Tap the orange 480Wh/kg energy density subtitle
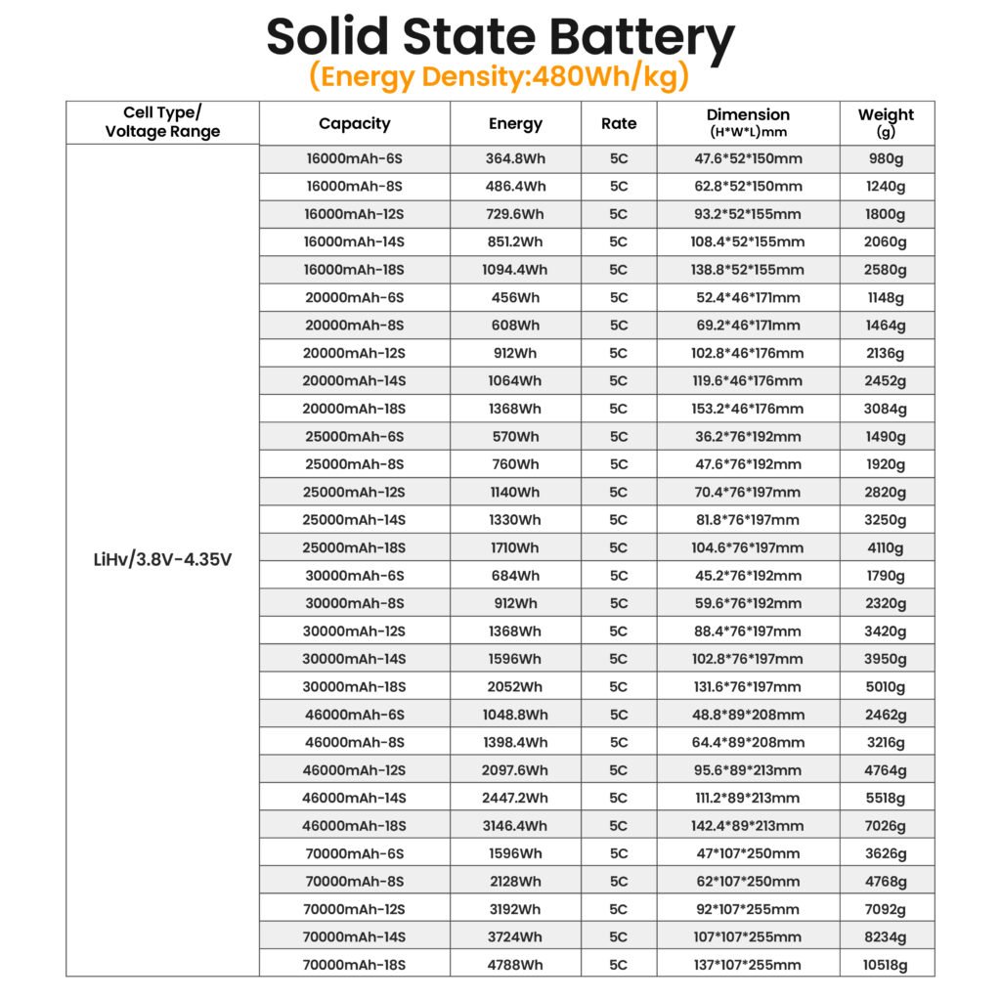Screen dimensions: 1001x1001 [x=500, y=75]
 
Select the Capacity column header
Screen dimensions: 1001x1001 [x=354, y=123]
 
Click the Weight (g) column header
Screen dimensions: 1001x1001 [x=886, y=122]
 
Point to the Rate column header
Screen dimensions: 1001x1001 [x=618, y=123]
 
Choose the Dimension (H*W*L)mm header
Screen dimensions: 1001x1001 [x=748, y=122]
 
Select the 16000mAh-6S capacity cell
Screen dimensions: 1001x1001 [x=354, y=158]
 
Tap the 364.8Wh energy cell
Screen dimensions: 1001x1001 [x=515, y=158]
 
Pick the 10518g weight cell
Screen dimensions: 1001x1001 [x=886, y=965]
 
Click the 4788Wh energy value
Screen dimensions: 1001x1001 [x=515, y=965]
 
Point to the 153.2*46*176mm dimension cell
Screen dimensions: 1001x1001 [x=748, y=409]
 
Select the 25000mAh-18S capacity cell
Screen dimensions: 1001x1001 [x=354, y=547]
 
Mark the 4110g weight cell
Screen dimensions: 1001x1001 [x=886, y=547]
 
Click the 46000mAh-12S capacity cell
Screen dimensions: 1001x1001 [x=354, y=770]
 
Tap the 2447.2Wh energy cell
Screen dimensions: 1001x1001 [x=515, y=798]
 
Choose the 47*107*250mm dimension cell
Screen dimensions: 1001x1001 [x=748, y=853]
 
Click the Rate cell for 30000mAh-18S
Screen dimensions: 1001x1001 [x=618, y=686]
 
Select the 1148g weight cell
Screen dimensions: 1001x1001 [x=886, y=297]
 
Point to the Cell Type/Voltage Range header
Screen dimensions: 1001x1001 [x=162, y=122]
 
